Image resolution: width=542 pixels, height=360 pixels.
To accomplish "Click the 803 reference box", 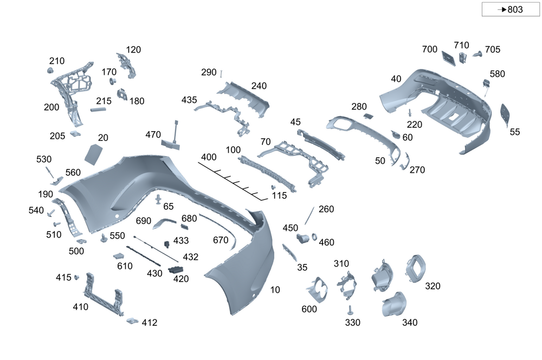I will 511,9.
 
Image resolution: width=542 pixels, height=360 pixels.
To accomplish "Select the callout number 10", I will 275,290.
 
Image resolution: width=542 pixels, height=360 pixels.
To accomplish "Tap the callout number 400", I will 209,157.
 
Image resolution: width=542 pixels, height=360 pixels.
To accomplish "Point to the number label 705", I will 493,49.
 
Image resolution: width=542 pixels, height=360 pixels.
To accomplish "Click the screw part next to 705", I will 477,54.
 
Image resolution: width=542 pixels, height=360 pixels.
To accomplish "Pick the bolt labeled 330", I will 350,310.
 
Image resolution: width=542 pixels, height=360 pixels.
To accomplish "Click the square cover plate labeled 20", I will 94,153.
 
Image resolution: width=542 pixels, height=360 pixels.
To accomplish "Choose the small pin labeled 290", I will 222,73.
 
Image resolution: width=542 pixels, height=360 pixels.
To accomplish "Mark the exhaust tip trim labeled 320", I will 415,268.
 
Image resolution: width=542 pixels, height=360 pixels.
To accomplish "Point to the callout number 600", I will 309,309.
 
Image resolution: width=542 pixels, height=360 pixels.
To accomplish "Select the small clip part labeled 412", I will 132,321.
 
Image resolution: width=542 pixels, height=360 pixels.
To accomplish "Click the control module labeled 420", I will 176,269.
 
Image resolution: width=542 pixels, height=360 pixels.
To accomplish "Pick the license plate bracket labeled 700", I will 448,57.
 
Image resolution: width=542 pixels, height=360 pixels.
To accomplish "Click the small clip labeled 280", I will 367,115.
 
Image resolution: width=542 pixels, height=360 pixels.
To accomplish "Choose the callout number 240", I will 259,86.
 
